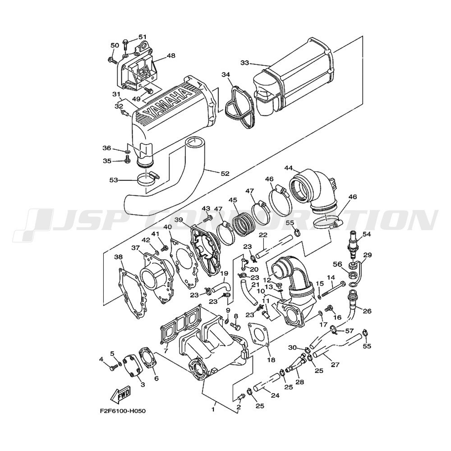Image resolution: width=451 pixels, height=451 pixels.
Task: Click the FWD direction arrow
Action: pos(120,395)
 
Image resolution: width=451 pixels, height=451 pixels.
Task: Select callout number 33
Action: pos(245,63)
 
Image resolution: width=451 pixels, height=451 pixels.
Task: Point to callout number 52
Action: pos(225,174)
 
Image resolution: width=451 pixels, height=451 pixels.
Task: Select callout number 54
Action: pos(366,235)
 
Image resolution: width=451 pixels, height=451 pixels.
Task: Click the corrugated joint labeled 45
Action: pos(244,223)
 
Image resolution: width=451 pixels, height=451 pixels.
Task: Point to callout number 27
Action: pos(335,365)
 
